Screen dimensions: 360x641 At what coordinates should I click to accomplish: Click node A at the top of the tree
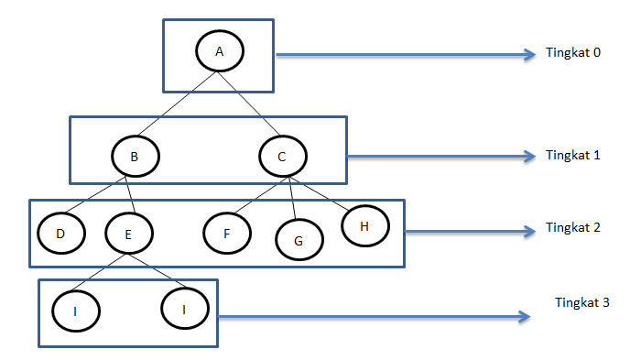tap(220, 51)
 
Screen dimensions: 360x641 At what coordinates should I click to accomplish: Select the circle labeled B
tap(135, 158)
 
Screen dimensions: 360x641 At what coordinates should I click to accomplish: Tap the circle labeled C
tap(282, 158)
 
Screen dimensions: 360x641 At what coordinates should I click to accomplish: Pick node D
tap(60, 234)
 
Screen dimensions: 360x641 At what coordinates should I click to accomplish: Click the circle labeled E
tap(128, 235)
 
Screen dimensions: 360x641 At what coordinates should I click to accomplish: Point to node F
tap(226, 234)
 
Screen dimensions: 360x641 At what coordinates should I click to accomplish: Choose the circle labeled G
tap(299, 240)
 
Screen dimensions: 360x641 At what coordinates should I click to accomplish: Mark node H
tap(365, 224)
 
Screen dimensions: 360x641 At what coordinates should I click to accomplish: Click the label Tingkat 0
tap(572, 52)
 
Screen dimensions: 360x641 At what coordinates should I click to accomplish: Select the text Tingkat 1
tap(572, 155)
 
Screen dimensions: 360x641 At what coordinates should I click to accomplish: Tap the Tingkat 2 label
tap(572, 227)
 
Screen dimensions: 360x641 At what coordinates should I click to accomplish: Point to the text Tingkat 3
tap(582, 301)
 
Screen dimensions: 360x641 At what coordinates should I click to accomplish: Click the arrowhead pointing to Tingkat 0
tap(528, 54)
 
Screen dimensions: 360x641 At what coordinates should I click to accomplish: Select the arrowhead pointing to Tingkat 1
tap(528, 157)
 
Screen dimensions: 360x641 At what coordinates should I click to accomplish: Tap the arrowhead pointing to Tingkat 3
tap(525, 318)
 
